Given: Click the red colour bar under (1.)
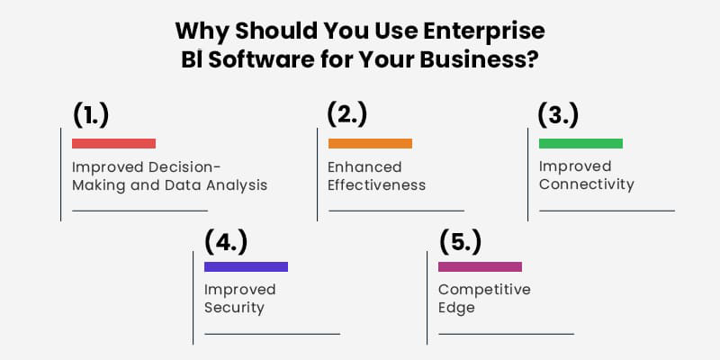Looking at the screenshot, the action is point(114,143).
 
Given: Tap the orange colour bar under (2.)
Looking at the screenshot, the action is point(370,143).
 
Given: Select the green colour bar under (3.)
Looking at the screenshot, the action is point(580,143).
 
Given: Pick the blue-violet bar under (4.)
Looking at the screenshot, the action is point(246,266).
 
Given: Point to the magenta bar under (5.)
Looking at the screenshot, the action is point(481,266).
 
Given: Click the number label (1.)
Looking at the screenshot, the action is point(91,116).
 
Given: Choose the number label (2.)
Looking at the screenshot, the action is point(347,115).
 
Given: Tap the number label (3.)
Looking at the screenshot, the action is point(558,115).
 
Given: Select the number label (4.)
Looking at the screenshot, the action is point(226,242).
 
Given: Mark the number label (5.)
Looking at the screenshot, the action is point(460,242).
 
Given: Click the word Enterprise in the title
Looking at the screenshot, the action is point(484,31).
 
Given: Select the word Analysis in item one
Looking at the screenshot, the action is point(237,185).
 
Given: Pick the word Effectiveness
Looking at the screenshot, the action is point(377,185).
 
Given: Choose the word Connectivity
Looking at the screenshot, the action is point(587,184).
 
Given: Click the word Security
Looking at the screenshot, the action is point(234,308).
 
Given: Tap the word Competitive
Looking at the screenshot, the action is point(484,290).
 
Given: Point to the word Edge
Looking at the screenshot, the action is point(456,308).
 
